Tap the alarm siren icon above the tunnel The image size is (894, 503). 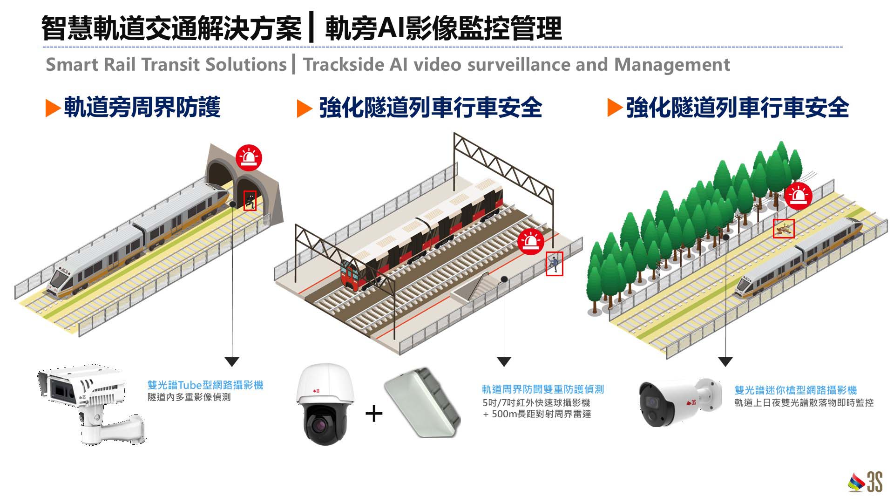[249, 157]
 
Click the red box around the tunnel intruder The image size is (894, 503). [250, 201]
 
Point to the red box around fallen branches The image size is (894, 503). [784, 229]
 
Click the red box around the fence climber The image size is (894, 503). [554, 264]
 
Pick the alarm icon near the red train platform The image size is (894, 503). [530, 241]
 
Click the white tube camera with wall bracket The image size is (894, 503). [91, 403]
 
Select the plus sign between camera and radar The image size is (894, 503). [374, 414]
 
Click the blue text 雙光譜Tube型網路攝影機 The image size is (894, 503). [205, 385]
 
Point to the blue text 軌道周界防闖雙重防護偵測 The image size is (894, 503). [542, 389]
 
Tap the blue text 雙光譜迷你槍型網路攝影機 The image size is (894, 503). [795, 390]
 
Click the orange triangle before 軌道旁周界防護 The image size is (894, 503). [53, 108]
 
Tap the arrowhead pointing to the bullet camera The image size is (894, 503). [725, 361]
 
